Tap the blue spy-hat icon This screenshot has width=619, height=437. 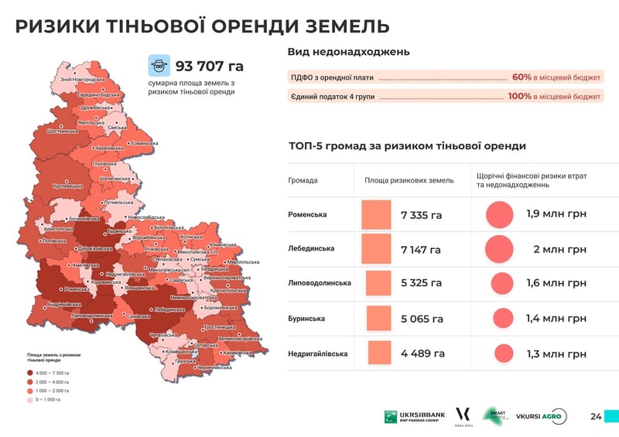[x=159, y=65]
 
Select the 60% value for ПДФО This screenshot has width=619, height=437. [x=521, y=77]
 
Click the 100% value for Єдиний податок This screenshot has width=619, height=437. [x=519, y=97]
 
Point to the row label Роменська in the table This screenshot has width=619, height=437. [x=307, y=214]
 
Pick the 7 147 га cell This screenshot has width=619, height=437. [x=421, y=249]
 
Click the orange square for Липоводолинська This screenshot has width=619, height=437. [x=376, y=283]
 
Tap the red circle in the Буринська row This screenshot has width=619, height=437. [x=503, y=318]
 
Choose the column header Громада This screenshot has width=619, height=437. [x=303, y=180]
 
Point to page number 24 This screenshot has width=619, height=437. [x=596, y=417]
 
